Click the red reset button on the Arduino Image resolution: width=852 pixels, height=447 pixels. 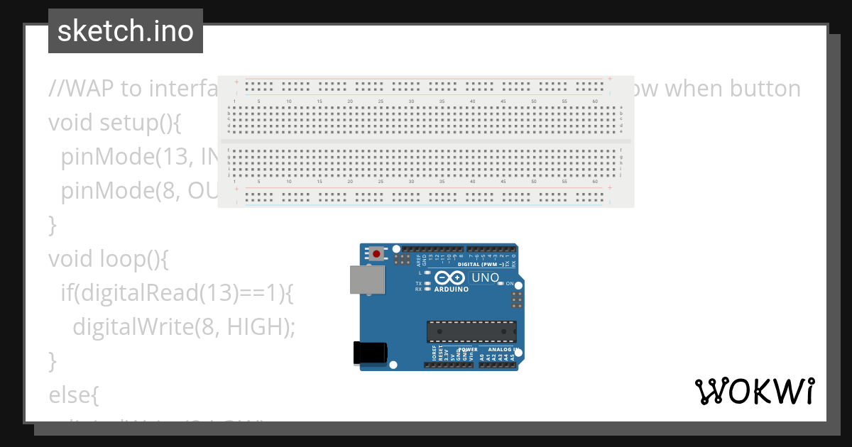coord(375,253)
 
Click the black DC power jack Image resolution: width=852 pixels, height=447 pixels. coord(369,353)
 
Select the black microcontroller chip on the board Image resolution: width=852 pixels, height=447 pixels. coord(471,331)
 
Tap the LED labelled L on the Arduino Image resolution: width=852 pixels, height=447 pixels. coord(427,272)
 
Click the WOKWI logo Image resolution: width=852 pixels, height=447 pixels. coord(754,391)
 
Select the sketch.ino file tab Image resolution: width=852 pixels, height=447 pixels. coord(126,31)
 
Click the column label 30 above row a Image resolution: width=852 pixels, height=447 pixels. coord(411,101)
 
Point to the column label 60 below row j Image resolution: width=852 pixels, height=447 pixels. coord(594,182)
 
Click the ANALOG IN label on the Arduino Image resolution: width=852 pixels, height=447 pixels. coord(501,350)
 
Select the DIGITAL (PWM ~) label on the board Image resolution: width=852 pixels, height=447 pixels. coord(481,265)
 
